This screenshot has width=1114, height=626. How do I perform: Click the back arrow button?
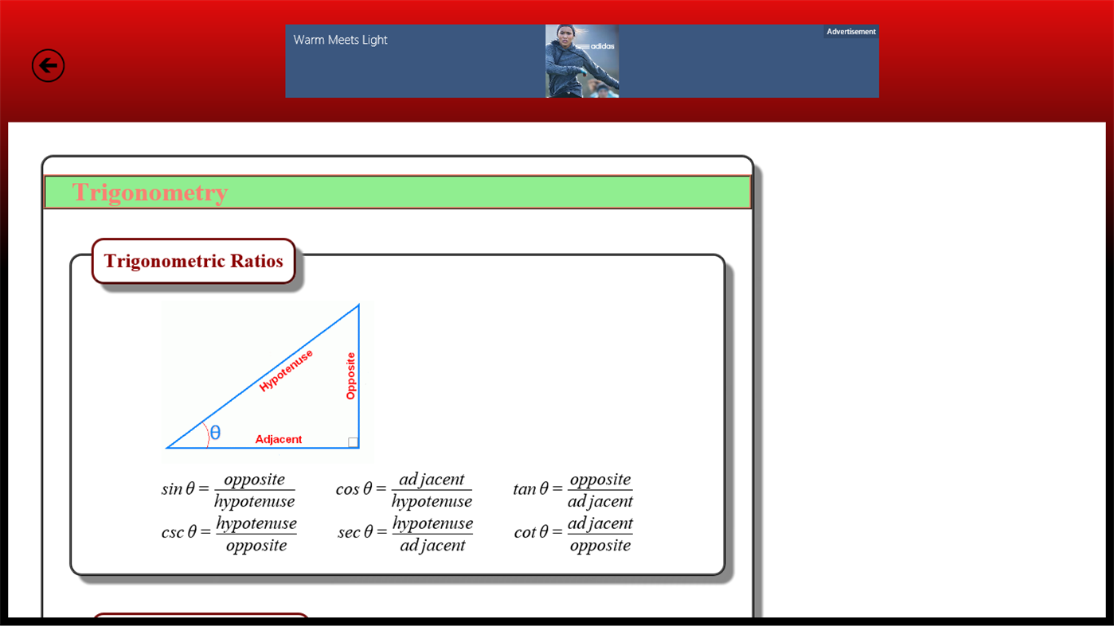pyautogui.click(x=48, y=65)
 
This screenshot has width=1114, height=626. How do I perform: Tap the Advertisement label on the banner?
pyautogui.click(x=850, y=32)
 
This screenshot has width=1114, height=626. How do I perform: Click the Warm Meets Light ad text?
pyautogui.click(x=340, y=40)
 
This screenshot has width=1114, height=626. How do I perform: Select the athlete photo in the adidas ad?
pyautogui.click(x=581, y=61)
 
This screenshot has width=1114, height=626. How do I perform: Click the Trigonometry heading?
pyautogui.click(x=150, y=192)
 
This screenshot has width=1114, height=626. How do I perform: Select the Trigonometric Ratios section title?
pyautogui.click(x=193, y=261)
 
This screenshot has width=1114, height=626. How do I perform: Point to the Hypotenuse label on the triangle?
pyautogui.click(x=286, y=370)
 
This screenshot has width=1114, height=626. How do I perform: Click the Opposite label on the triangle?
pyautogui.click(x=350, y=376)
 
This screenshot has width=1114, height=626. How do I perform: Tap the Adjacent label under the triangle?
pyautogui.click(x=278, y=439)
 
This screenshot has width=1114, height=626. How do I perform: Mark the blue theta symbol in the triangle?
pyautogui.click(x=215, y=434)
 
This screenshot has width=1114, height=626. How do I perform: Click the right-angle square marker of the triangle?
pyautogui.click(x=353, y=442)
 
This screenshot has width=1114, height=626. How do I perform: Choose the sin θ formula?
pyautogui.click(x=228, y=490)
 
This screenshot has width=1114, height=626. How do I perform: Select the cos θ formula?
pyautogui.click(x=404, y=490)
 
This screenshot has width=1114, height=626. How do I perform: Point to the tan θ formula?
pyautogui.click(x=573, y=490)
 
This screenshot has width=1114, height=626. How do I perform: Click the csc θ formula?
pyautogui.click(x=229, y=534)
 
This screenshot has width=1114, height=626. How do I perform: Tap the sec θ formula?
pyautogui.click(x=405, y=534)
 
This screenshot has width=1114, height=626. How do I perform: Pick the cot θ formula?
pyautogui.click(x=573, y=534)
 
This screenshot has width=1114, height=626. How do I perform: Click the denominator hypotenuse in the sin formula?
pyautogui.click(x=254, y=501)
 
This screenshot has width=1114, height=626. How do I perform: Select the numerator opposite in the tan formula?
pyautogui.click(x=600, y=479)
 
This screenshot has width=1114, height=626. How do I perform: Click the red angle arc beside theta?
pyautogui.click(x=207, y=434)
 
